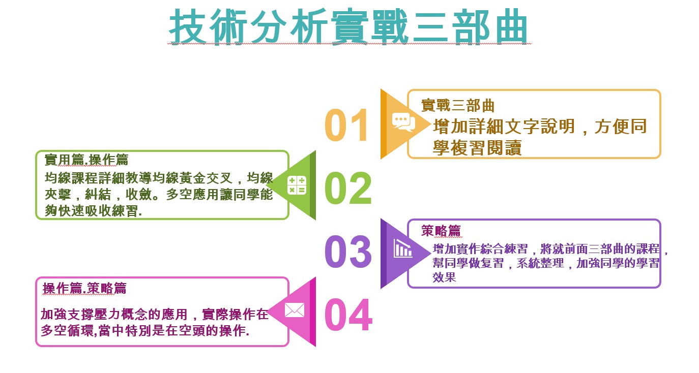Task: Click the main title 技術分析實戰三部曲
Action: click(x=348, y=27)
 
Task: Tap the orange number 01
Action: click(x=346, y=125)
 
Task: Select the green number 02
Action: click(x=348, y=188)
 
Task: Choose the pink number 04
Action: click(x=348, y=315)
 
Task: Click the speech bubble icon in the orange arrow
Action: click(x=403, y=122)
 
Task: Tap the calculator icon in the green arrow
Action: click(x=297, y=185)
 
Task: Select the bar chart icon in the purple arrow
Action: click(x=403, y=248)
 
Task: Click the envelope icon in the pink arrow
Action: click(x=295, y=310)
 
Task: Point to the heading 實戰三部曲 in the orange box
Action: click(x=458, y=106)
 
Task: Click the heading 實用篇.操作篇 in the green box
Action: click(x=86, y=160)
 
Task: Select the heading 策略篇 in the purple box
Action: click(x=441, y=231)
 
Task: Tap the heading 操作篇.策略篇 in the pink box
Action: click(x=84, y=288)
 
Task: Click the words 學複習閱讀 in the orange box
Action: click(x=477, y=148)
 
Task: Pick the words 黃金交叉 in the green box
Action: click(x=206, y=178)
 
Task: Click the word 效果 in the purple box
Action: click(x=444, y=277)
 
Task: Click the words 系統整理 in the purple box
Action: click(x=540, y=263)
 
